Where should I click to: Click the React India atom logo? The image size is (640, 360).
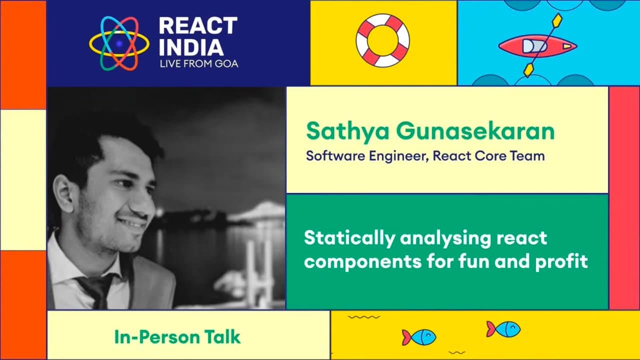pyautogui.click(x=119, y=43)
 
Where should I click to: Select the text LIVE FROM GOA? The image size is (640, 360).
pyautogui.click(x=198, y=64)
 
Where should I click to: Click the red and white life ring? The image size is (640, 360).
pyautogui.click(x=382, y=40)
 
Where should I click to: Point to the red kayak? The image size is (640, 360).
pyautogui.click(x=537, y=46)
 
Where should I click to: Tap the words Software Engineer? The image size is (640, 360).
pyautogui.click(x=366, y=156)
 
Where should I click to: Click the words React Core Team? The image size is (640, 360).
pyautogui.click(x=488, y=156)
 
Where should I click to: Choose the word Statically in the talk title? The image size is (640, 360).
pyautogui.click(x=348, y=238)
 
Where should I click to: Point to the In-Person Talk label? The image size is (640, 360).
pyautogui.click(x=177, y=336)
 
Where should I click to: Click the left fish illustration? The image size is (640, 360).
pyautogui.click(x=419, y=336)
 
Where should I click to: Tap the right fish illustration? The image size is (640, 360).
pyautogui.click(x=503, y=328)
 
